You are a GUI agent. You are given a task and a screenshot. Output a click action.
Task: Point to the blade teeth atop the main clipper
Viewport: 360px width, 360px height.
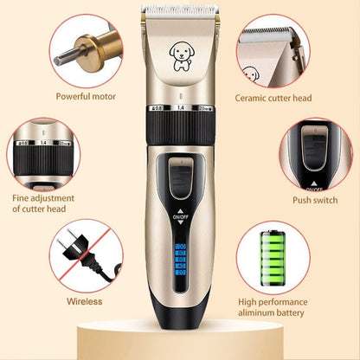(x=180, y=13)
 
